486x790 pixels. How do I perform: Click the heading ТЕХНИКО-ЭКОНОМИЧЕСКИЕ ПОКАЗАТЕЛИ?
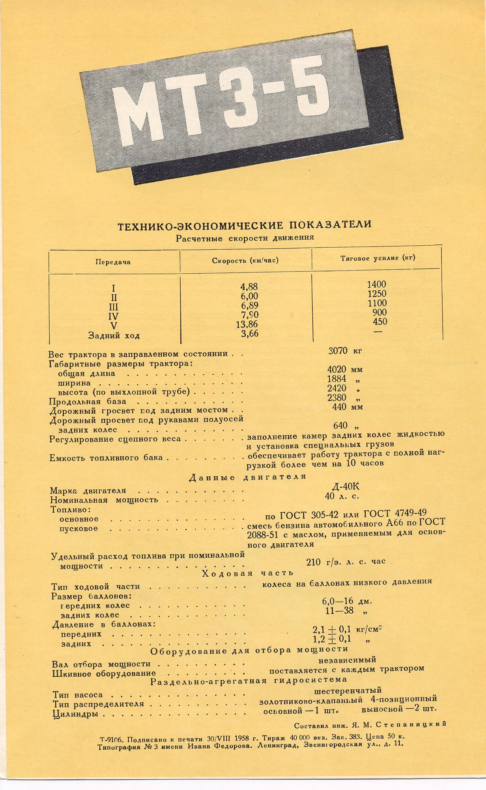pos(245,225)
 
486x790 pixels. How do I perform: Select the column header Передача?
pos(113,262)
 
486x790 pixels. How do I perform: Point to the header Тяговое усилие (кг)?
pos(378,258)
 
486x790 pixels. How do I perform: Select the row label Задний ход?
pos(114,336)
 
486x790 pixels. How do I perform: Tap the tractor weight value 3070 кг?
pos(345,350)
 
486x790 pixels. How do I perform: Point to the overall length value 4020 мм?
pos(345,370)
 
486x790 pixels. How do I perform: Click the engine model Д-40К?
pos(346,486)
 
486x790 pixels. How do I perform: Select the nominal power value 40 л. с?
pos(342,496)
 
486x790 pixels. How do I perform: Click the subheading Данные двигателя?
pos(248,477)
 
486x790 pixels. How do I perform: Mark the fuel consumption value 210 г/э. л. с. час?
pos(346,561)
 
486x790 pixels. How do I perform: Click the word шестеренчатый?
pos(348,690)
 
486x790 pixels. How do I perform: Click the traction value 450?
pos(380,322)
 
